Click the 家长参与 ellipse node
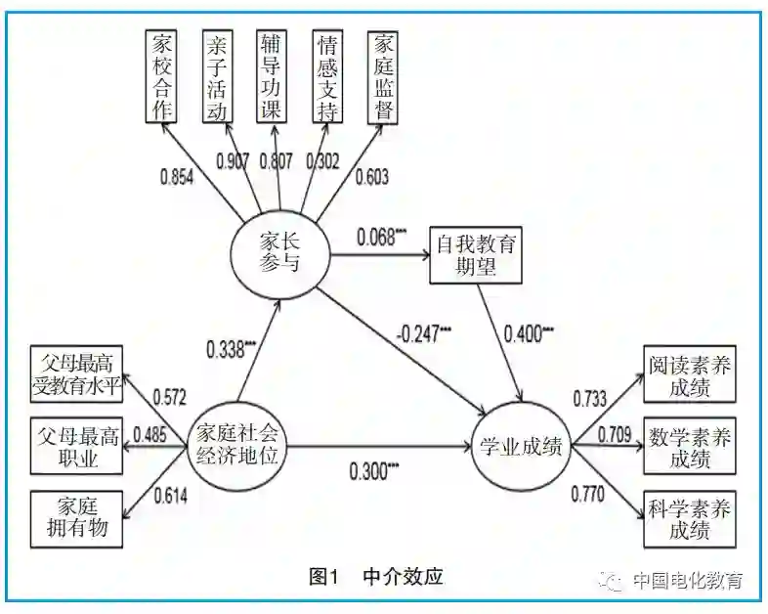pyautogui.click(x=279, y=253)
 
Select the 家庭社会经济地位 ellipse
pyautogui.click(x=237, y=444)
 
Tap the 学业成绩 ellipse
pyautogui.click(x=522, y=446)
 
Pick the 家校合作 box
pyautogui.click(x=160, y=75)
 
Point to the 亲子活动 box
pyautogui.click(x=217, y=75)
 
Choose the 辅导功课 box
pyautogui.click(x=271, y=75)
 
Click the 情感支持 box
pyautogui.click(x=325, y=75)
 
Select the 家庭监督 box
pyautogui.click(x=381, y=75)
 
